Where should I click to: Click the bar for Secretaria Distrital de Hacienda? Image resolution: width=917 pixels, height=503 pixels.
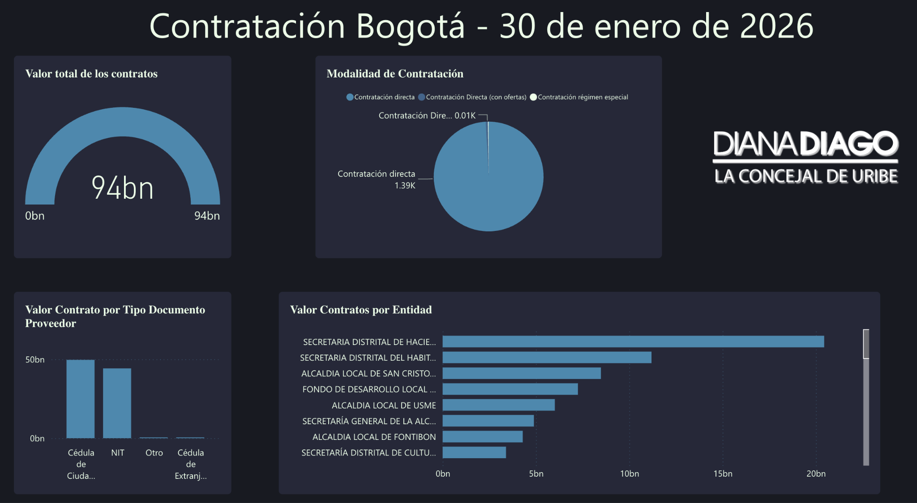(633, 341)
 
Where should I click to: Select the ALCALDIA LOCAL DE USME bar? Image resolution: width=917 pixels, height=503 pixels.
(498, 405)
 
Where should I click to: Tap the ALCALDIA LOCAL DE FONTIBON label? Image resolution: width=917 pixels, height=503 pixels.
(374, 437)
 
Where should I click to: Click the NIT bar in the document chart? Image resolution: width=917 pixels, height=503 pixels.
(117, 403)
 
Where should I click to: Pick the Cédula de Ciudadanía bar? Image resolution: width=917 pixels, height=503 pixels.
(81, 398)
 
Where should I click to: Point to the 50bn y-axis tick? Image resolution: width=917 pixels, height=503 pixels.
(35, 360)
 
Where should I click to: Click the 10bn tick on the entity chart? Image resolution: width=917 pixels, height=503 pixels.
(629, 473)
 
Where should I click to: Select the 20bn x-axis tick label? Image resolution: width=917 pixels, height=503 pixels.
(816, 473)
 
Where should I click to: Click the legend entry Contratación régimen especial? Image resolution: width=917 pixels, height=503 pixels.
(583, 97)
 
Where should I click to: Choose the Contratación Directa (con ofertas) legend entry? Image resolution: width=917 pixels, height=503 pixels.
(476, 97)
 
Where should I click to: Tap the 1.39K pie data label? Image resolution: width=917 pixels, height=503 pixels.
(405, 185)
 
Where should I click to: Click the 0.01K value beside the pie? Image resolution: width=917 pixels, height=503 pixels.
(465, 115)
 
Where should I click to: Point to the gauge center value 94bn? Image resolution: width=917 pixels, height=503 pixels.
(123, 188)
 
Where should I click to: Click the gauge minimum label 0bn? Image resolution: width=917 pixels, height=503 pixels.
(35, 216)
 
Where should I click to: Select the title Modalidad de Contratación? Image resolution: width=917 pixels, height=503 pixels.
(395, 74)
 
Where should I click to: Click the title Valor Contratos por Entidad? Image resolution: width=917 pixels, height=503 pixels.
(361, 310)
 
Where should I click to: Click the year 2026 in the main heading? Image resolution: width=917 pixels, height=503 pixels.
(776, 26)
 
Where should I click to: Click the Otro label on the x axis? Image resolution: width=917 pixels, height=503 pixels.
(154, 453)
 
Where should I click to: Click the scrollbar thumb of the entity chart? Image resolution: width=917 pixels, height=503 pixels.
(866, 344)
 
